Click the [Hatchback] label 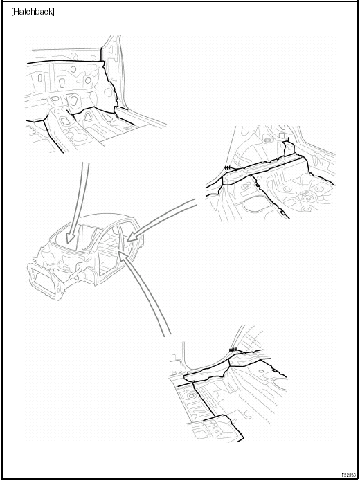coord(33,12)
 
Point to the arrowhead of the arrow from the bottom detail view coord(122,255)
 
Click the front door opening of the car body coord(106,255)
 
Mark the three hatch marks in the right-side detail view coord(228,167)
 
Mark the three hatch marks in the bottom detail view coord(233,350)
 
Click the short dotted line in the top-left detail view coord(70,112)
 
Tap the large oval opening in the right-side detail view coord(257,205)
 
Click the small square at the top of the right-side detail coord(282,135)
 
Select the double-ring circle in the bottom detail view coord(192,396)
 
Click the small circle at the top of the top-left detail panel coord(73,69)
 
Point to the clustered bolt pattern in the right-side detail coord(306,197)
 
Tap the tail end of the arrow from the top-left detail coord(86,163)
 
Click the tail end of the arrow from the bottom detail coord(168,335)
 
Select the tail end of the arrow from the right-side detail coord(196,202)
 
